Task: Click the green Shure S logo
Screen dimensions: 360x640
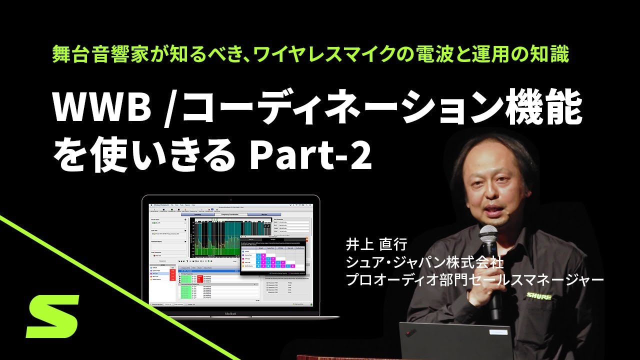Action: click(53, 316)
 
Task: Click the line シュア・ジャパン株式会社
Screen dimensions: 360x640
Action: click(424, 262)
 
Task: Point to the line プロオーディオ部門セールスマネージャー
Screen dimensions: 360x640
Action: click(475, 279)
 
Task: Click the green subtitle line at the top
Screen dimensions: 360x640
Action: click(310, 54)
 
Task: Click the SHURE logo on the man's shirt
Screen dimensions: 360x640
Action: click(538, 296)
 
